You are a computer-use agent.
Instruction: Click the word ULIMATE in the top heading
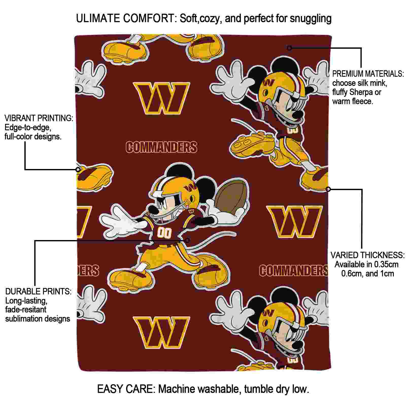point(98,18)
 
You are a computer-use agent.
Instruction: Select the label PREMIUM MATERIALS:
point(368,74)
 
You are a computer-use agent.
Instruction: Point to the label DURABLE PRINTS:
point(38,291)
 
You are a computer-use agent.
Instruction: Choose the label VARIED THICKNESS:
point(367,255)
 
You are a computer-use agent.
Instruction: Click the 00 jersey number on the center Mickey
point(164,233)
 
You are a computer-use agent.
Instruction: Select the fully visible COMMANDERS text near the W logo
point(161,147)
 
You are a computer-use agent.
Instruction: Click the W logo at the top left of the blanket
point(161,98)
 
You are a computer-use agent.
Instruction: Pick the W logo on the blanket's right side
point(294,222)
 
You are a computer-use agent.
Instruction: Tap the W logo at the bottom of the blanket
point(161,332)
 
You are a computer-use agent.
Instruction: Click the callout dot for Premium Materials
point(289,48)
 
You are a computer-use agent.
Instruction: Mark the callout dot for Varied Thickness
point(328,189)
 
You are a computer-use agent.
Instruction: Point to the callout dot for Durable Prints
point(187,240)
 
